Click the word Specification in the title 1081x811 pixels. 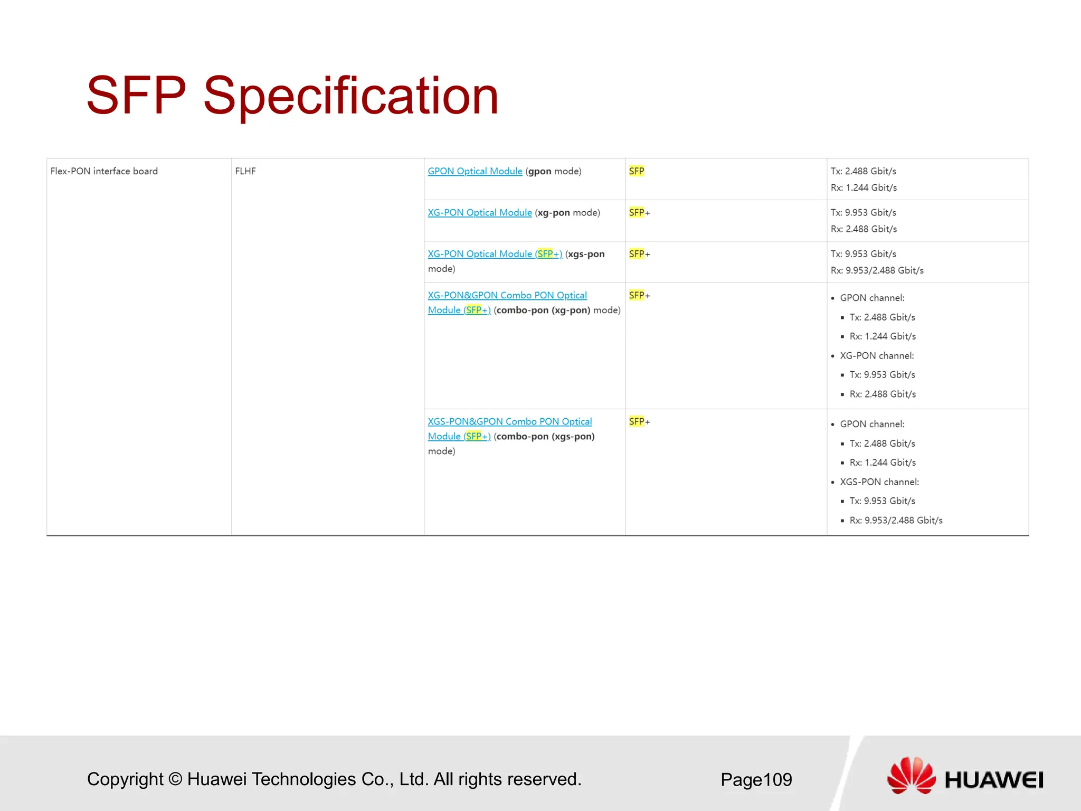tap(350, 96)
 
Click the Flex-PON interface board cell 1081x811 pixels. tap(104, 171)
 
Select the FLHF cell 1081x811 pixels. tap(245, 171)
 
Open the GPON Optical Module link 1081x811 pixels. tap(475, 171)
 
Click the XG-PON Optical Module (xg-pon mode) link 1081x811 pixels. tap(479, 212)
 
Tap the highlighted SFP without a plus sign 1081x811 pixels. tap(636, 171)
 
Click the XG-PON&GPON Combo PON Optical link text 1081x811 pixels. tap(507, 295)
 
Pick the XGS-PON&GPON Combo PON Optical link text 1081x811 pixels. tap(509, 421)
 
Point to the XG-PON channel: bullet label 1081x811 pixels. tap(876, 355)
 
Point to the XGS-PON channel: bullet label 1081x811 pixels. tap(879, 482)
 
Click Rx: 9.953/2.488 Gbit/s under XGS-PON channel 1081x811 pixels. tap(896, 520)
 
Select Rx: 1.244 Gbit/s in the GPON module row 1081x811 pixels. tap(864, 187)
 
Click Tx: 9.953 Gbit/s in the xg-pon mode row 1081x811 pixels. tap(863, 212)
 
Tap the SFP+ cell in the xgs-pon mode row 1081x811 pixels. tap(639, 254)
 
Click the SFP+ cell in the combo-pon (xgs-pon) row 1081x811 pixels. tap(639, 421)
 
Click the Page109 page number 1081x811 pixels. tap(756, 779)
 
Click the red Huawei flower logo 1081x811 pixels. tap(911, 775)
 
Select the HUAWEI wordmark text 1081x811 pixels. tap(993, 780)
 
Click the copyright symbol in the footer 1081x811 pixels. tap(175, 779)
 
